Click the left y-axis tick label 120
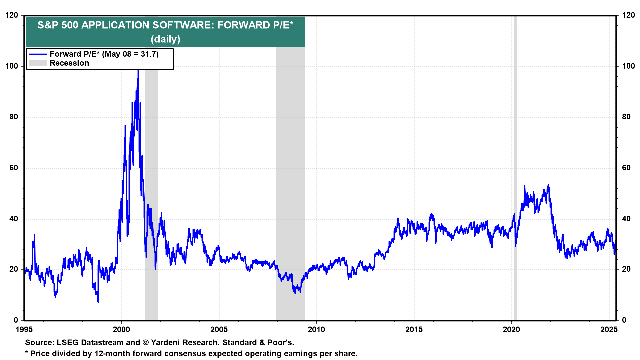click(x=12, y=15)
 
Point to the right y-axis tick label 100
click(x=628, y=66)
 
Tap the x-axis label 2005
click(x=219, y=330)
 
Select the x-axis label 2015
click(x=414, y=330)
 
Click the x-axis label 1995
click(x=24, y=330)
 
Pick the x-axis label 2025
click(x=609, y=330)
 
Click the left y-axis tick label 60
click(x=14, y=168)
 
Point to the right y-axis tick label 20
click(x=626, y=269)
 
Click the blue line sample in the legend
click(x=37, y=54)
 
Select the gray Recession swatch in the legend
click(x=37, y=63)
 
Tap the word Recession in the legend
click(x=69, y=63)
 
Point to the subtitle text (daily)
click(x=165, y=39)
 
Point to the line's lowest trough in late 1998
click(x=98, y=302)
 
